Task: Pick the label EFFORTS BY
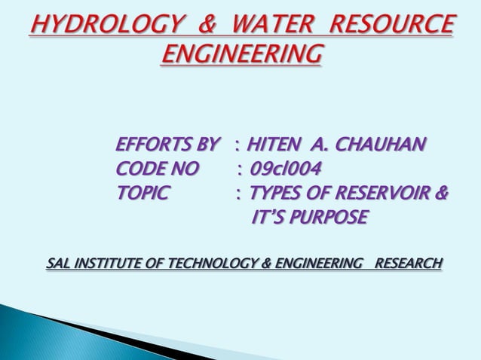point(168,143)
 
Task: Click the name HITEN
point(277,143)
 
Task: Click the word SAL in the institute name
point(58,264)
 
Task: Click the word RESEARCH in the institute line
point(409,264)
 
